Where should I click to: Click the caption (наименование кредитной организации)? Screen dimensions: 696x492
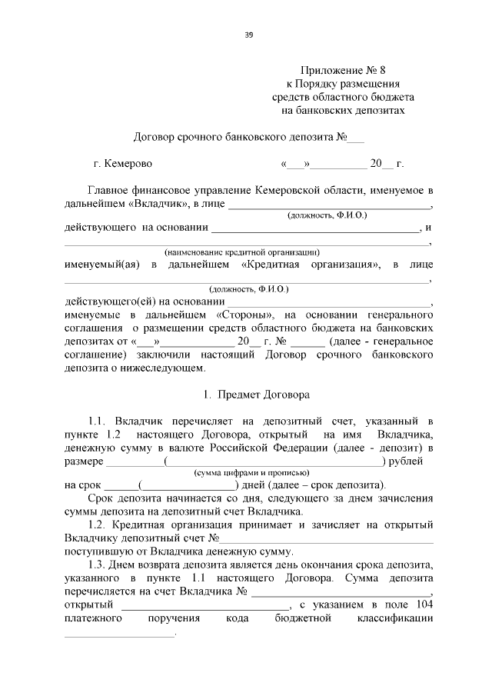coord(242,252)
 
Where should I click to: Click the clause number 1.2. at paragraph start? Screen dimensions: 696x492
coord(101,524)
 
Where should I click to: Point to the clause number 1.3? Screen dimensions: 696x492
coord(101,564)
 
